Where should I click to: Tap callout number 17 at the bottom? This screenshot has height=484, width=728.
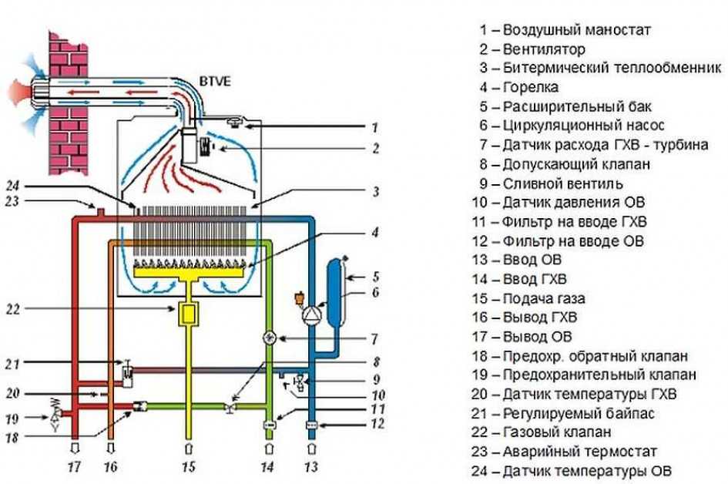(x=74, y=466)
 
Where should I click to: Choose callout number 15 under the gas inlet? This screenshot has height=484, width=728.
(x=190, y=466)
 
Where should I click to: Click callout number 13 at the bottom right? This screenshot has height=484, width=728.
(x=310, y=466)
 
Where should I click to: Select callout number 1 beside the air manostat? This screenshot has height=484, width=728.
(x=374, y=127)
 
